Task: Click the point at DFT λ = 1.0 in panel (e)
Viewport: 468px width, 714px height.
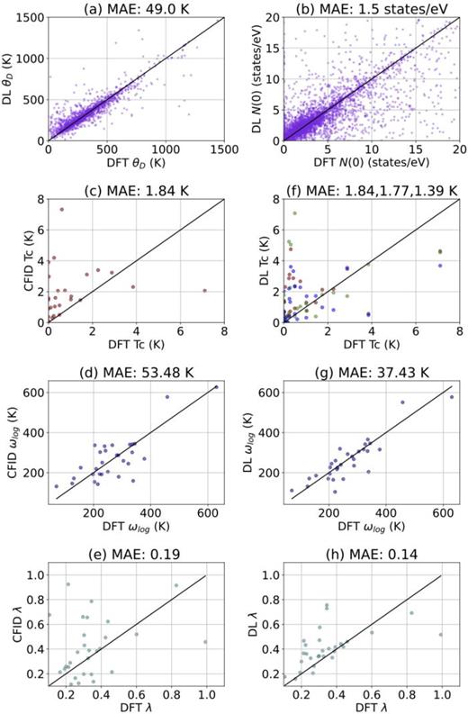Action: click(206, 642)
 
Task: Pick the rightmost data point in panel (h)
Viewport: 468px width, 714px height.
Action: click(440, 634)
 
